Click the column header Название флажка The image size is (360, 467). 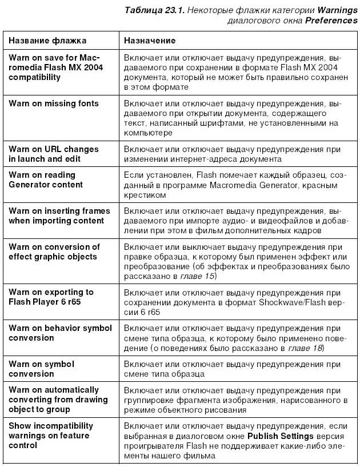(x=47, y=41)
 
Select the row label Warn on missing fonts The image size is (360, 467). (x=54, y=103)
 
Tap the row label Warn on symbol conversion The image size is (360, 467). (x=41, y=369)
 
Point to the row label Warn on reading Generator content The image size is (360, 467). (x=46, y=179)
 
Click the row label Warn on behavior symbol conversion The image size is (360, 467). (x=60, y=333)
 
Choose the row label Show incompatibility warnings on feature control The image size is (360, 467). (x=51, y=436)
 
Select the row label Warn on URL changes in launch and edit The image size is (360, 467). (x=54, y=154)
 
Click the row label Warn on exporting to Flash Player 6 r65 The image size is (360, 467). (x=51, y=297)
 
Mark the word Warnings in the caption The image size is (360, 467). (x=337, y=10)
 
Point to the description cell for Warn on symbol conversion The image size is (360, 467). (x=231, y=369)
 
